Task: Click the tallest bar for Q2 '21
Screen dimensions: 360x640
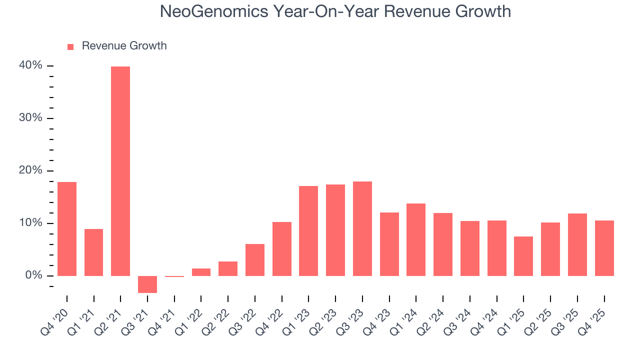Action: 120,171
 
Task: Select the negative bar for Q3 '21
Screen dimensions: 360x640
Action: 147,284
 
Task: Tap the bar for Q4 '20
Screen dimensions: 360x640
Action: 67,228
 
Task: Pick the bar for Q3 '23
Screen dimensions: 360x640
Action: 362,228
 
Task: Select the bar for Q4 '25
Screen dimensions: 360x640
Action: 604,248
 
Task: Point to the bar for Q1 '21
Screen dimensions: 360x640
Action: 93,252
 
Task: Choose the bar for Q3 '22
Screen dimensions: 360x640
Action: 255,259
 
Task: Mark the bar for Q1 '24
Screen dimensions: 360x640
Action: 416,239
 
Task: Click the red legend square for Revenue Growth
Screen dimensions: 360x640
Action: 70,46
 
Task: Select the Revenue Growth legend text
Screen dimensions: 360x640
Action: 124,46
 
